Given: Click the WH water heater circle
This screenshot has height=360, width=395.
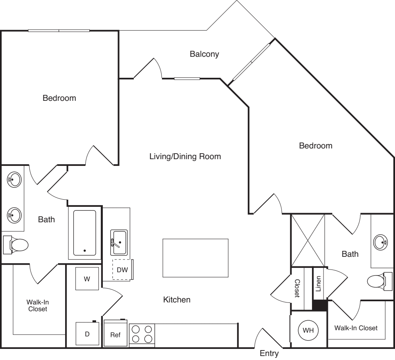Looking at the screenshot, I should pyautogui.click(x=308, y=330).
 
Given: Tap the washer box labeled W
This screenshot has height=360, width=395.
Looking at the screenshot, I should pyautogui.click(x=87, y=279).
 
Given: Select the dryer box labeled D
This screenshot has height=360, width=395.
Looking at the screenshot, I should pyautogui.click(x=87, y=334).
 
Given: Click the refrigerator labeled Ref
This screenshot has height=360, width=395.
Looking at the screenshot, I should pyautogui.click(x=115, y=334).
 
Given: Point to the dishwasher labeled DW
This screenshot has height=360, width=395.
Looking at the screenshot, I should pyautogui.click(x=122, y=270).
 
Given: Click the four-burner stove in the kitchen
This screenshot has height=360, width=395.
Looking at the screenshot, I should pyautogui.click(x=142, y=334).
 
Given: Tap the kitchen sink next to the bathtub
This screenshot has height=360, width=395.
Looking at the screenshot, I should pyautogui.click(x=119, y=242).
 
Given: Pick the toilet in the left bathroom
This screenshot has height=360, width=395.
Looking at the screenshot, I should pyautogui.click(x=16, y=244).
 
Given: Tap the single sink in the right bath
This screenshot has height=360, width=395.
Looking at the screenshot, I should pyautogui.click(x=380, y=241).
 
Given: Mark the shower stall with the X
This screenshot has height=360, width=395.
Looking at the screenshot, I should pyautogui.click(x=308, y=241).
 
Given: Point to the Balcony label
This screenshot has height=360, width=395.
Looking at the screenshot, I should pyautogui.click(x=204, y=54).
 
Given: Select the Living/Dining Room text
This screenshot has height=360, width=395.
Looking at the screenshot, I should pyautogui.click(x=185, y=156).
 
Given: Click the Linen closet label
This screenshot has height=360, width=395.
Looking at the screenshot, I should pyautogui.click(x=318, y=284).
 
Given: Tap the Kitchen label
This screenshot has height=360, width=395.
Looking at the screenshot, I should pyautogui.click(x=177, y=300).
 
